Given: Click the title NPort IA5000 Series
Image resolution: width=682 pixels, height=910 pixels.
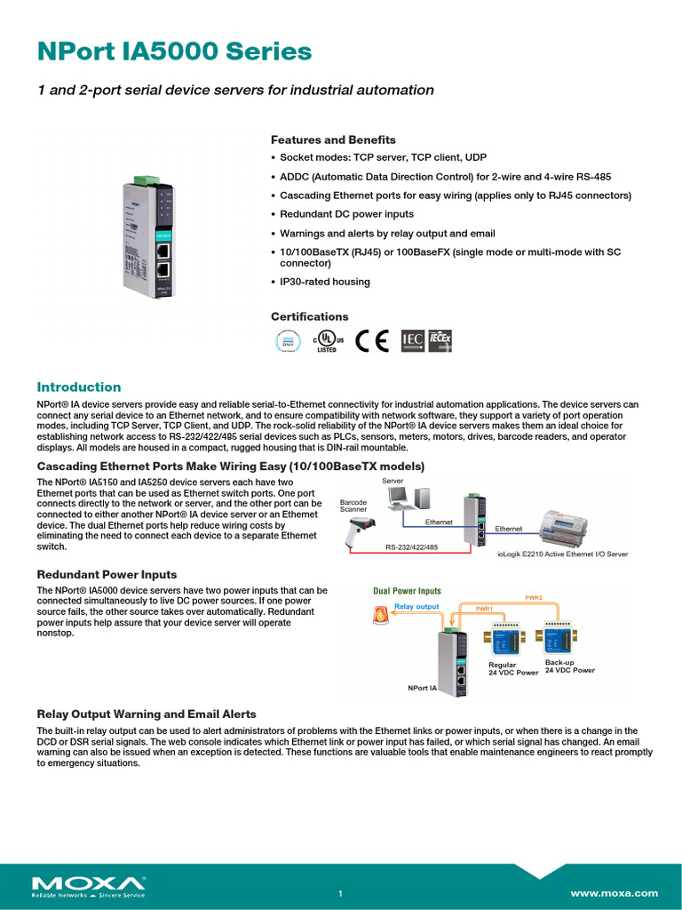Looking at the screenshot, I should tap(174, 52).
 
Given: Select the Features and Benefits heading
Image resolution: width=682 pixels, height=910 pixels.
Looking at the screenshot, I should tap(333, 140).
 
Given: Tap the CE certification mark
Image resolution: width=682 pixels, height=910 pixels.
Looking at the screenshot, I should tap(371, 341).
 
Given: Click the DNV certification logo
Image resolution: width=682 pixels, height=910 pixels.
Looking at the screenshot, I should tap(286, 341).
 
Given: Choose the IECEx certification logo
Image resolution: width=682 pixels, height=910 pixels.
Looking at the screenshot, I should tap(440, 340).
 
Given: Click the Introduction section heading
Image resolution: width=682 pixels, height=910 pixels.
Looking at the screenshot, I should tap(78, 387).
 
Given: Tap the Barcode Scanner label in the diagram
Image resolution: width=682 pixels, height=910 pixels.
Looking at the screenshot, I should tap(353, 507).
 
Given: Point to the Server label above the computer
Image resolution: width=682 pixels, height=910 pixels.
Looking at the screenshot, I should tap(393, 481).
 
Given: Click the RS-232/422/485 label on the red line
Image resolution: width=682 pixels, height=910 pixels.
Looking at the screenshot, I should tap(410, 547).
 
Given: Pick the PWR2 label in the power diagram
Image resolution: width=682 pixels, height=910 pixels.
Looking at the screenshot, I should tap(534, 596).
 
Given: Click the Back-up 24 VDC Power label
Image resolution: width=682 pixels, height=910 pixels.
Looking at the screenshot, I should tap(569, 667).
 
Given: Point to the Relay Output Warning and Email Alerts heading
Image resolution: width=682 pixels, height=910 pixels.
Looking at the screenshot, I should tap(146, 714).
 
